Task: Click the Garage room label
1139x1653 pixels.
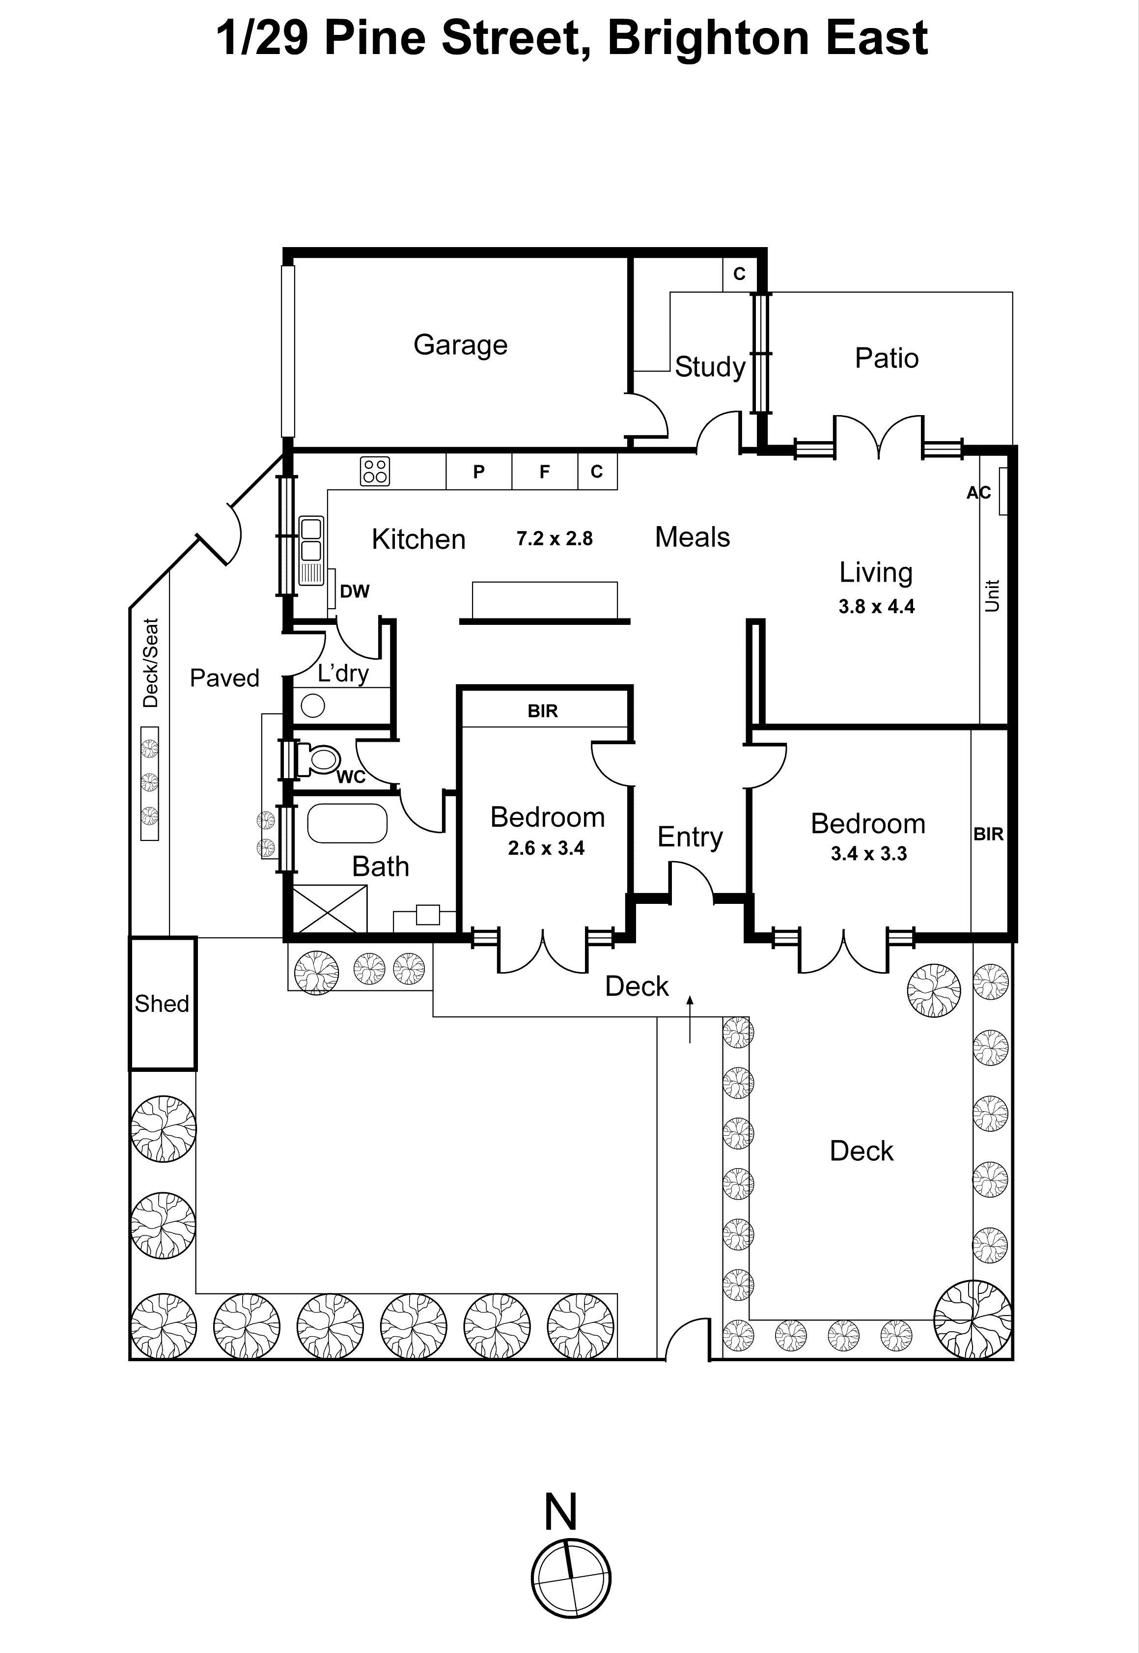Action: coord(460,345)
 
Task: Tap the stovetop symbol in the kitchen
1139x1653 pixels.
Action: coord(375,471)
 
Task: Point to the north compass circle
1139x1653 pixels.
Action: coord(571,1578)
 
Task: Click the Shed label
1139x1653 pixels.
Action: coord(162,1004)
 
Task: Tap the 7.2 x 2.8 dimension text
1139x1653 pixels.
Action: coord(555,538)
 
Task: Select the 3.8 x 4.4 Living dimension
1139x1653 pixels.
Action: coord(876,607)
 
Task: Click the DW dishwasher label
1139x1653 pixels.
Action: coord(355,591)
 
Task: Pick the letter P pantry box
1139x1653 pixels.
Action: coord(479,471)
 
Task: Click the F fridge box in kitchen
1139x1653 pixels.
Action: coord(545,471)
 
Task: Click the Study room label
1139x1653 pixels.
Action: coord(710,367)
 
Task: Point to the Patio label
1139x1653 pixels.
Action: coord(887,358)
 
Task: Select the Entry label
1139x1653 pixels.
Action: coord(690,837)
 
